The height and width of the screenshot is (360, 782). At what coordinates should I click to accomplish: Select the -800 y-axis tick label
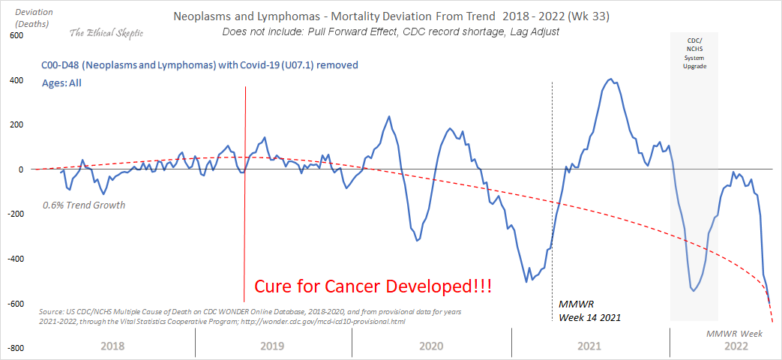coord(14,348)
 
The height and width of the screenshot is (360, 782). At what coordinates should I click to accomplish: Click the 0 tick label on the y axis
coord(22,169)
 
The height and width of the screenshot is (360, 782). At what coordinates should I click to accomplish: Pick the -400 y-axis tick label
coord(14,259)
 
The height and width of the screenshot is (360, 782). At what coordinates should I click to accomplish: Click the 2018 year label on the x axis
coord(111,346)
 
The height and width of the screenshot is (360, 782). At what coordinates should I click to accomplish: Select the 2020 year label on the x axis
coord(431,346)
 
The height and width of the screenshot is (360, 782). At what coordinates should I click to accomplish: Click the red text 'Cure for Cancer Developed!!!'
coord(373,286)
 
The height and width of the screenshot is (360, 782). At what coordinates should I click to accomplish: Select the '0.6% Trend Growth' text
coord(83,205)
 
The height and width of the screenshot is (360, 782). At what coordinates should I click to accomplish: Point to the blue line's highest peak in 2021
coord(610,79)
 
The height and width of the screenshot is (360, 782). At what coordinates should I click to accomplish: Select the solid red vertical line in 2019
coord(245,225)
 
